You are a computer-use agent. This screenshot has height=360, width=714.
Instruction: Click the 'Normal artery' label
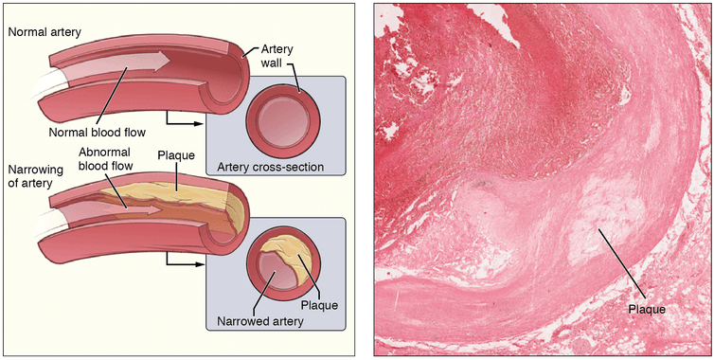(45, 32)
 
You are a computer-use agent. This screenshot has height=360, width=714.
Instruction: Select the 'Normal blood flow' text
(98, 133)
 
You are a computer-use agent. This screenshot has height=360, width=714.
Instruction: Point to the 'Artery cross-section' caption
(271, 167)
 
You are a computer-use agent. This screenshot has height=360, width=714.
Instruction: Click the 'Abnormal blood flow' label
(105, 158)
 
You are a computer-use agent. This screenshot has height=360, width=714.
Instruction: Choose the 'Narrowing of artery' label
(35, 176)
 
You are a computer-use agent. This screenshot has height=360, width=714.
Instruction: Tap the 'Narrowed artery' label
(260, 321)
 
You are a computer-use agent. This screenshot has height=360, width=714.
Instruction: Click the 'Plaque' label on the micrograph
(647, 310)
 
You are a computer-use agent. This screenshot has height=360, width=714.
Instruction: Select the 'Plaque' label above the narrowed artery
(176, 155)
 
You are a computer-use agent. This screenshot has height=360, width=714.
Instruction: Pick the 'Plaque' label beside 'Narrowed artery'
(319, 304)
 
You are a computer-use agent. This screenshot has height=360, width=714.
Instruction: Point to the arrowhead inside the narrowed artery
(154, 210)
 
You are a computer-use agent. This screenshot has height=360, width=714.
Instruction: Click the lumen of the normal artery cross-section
(283, 121)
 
